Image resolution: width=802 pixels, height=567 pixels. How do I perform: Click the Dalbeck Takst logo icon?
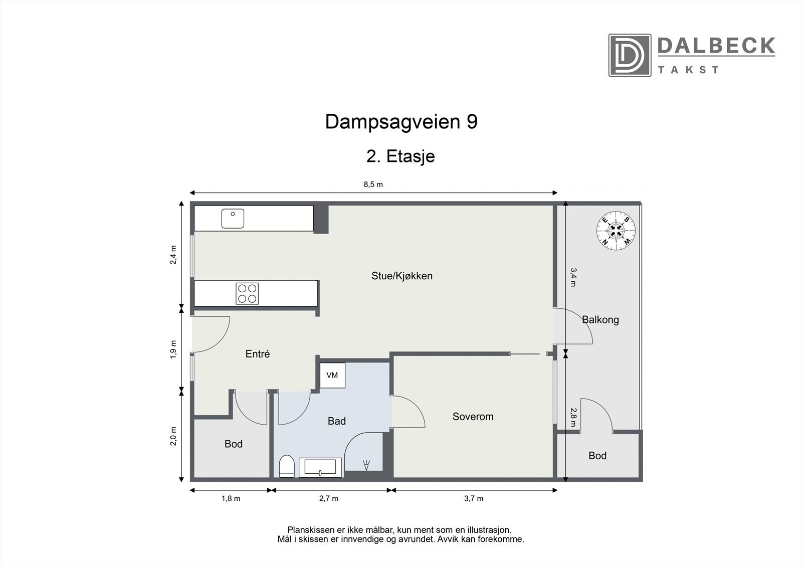tap(630, 55)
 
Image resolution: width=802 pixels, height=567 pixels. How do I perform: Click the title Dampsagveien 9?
tap(401, 122)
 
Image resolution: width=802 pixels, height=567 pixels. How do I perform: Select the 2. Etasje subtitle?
tap(400, 156)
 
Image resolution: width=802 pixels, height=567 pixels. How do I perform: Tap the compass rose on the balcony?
tap(616, 230)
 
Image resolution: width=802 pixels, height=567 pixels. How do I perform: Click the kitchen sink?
tap(233, 219)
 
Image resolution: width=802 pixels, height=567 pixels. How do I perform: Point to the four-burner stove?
tap(247, 293)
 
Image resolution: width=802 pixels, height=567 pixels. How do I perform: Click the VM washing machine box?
tap(332, 375)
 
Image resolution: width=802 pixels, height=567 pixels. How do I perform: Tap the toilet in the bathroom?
tap(286, 466)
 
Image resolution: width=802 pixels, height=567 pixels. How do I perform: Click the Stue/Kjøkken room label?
tap(402, 276)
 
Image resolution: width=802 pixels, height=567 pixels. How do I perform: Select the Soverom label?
tap(473, 417)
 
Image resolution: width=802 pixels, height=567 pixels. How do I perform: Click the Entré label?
tap(258, 354)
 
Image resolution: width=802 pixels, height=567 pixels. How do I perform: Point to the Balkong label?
tap(600, 320)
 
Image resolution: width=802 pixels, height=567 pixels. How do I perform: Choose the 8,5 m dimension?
tap(373, 184)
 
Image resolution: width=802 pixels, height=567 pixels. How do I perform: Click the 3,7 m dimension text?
tap(474, 498)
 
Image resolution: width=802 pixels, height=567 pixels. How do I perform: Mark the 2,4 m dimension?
tap(173, 255)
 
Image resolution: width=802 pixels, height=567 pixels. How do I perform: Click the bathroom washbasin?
tap(320, 468)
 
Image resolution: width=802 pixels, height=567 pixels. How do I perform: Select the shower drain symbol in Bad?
tap(366, 466)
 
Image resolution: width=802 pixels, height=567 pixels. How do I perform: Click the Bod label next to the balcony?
tap(597, 456)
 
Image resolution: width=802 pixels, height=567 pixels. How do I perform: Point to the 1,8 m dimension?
tap(231, 498)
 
